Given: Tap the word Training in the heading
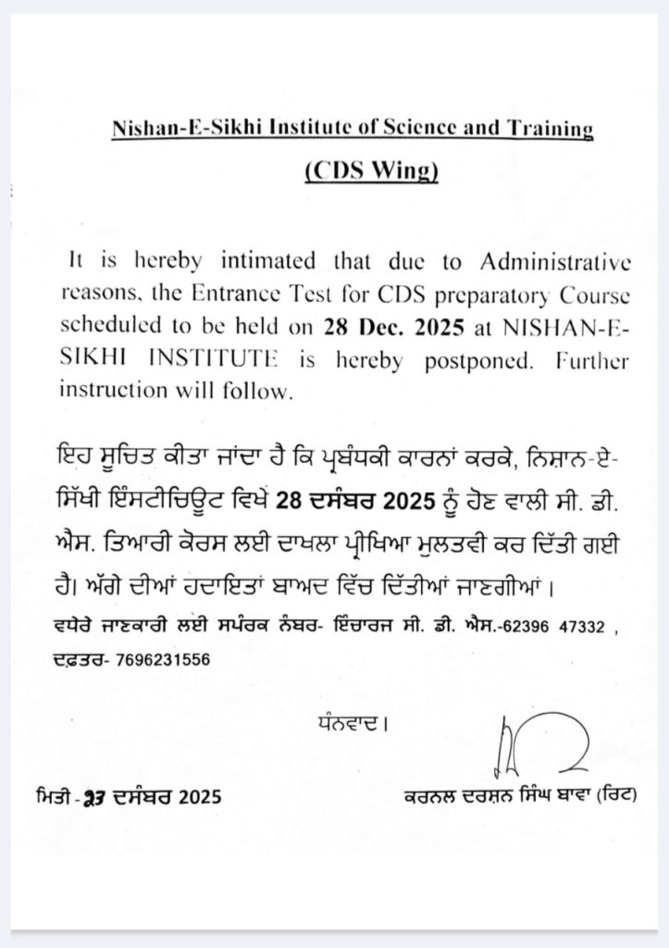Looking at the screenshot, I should point(546,129).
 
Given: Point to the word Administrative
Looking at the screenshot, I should point(557,262).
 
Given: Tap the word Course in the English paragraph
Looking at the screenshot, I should point(596,294).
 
